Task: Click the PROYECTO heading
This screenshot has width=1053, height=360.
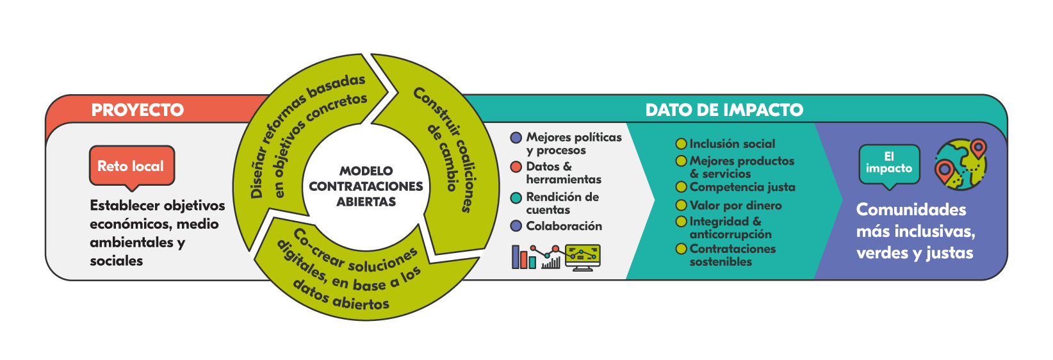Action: coord(137,110)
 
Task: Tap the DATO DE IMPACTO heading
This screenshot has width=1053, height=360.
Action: coord(724,110)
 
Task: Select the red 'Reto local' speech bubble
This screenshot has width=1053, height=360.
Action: coord(131,166)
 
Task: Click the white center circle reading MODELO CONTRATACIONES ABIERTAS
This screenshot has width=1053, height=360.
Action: coord(366,186)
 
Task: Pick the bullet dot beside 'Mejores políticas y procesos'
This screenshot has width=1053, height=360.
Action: coord(516,138)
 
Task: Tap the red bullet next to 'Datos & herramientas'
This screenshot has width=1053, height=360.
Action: coord(516,167)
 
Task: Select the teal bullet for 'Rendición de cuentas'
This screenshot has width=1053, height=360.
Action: coord(516,198)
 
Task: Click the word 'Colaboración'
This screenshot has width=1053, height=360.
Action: coord(564,226)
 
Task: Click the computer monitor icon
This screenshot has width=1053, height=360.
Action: coord(583,257)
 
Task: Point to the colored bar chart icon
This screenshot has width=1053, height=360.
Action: coord(523,257)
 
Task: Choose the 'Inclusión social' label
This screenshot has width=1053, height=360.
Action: coord(732,144)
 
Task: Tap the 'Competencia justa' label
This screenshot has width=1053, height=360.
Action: coord(742,187)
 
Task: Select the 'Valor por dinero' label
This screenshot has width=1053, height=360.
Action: coord(735,206)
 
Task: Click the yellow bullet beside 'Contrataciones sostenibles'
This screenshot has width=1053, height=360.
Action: coord(682,249)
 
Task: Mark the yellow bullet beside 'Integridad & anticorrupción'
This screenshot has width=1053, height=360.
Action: coord(682,222)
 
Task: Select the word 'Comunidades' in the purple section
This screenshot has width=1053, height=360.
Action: coord(911,209)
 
